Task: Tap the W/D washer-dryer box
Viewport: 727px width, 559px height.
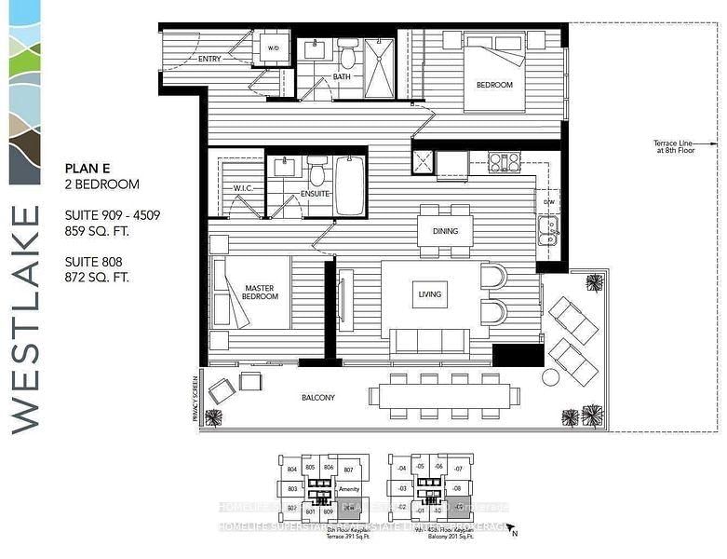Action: coord(274,48)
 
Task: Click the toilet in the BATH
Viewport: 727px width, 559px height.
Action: coord(347,54)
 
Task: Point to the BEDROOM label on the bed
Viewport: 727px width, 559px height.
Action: coord(494,85)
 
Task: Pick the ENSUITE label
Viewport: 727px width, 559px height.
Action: coord(315,194)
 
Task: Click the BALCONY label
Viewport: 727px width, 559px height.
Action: coord(317,398)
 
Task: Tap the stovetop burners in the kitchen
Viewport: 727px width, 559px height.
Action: coord(504,162)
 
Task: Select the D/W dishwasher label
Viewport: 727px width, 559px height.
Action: coord(548,201)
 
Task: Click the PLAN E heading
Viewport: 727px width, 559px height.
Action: coord(88,169)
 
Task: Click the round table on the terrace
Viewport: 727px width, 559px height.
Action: coord(550,377)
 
